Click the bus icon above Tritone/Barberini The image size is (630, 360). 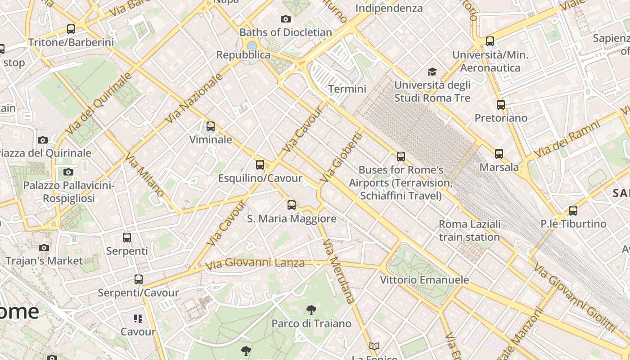[x=71, y=29]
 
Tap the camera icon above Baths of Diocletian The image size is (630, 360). [x=285, y=19]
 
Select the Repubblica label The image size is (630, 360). [x=243, y=55]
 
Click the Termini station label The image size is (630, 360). [x=347, y=89]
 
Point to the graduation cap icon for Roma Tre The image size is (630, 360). [x=432, y=72]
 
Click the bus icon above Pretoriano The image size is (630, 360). [x=501, y=105]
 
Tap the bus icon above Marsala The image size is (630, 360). [x=499, y=154]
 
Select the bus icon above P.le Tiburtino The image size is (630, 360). [x=573, y=210]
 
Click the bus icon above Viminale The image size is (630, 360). [x=211, y=126]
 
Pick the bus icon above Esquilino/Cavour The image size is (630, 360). [x=260, y=165]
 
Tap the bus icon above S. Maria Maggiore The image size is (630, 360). [x=292, y=205]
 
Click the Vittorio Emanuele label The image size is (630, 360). [x=424, y=280]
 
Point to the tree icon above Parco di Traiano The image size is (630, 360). [x=311, y=310]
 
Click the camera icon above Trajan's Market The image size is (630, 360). [x=44, y=247]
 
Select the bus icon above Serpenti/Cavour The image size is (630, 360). [x=139, y=279]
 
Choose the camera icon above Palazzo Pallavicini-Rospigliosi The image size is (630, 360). [x=68, y=172]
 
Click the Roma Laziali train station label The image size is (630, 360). [x=469, y=230]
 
